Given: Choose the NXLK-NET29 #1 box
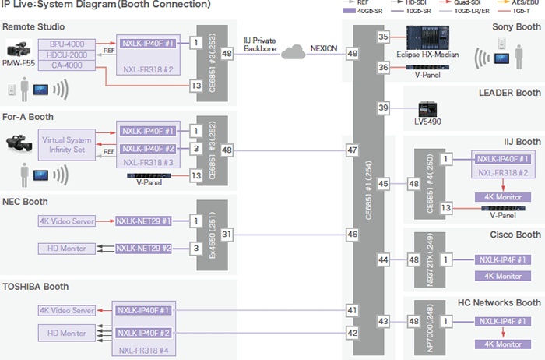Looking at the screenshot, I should [143, 221].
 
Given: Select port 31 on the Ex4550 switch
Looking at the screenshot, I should [226, 234].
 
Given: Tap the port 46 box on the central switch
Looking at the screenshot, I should [352, 234].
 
